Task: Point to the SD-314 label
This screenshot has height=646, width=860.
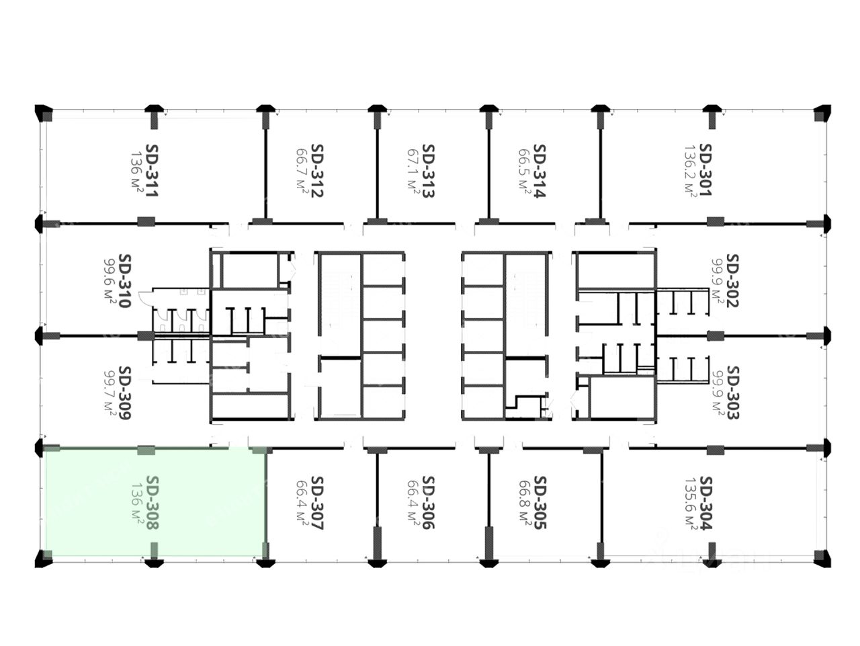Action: [x=540, y=171]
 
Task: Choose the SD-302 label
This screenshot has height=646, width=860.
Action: [x=732, y=281]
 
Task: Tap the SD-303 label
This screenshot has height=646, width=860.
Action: [x=732, y=393]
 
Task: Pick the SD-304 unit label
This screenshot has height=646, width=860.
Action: [x=705, y=503]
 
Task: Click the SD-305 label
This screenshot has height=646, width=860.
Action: [x=540, y=503]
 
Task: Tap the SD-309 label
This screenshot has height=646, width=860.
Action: [x=124, y=393]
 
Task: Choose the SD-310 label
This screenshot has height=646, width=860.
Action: [x=124, y=281]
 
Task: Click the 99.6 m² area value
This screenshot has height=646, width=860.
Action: [x=110, y=281]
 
